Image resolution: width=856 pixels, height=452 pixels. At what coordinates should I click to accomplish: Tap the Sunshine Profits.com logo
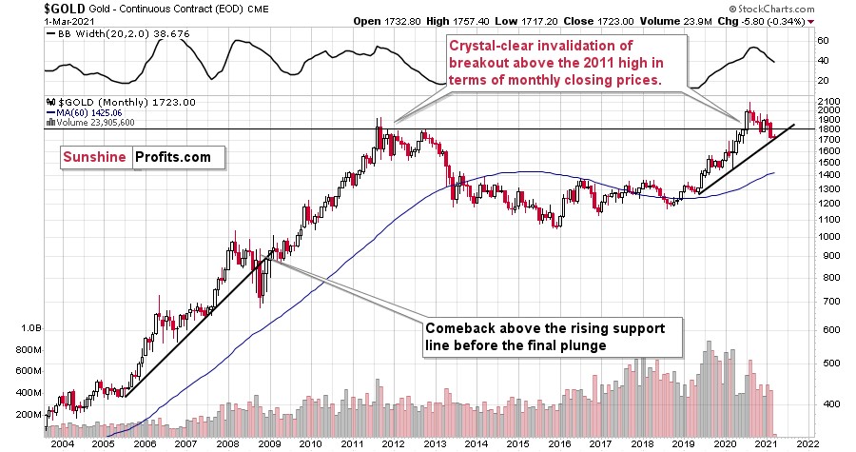pyautogui.click(x=136, y=157)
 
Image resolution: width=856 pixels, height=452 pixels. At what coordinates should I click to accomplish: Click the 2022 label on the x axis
pyautogui.click(x=807, y=442)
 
